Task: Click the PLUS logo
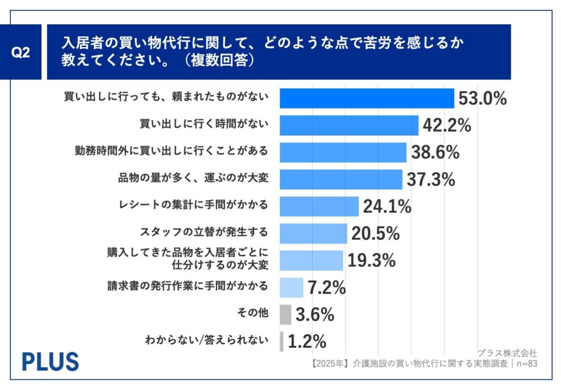tap(50, 362)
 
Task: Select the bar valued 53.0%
tap(367, 98)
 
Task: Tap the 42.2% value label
tap(446, 126)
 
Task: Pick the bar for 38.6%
tap(343, 152)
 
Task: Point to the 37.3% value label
tap(431, 179)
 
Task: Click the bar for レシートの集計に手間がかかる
tap(319, 206)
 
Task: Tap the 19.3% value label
tap(371, 261)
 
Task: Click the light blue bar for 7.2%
tap(291, 287)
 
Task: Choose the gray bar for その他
tap(285, 314)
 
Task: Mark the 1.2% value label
tap(307, 341)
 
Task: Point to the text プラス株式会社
tap(507, 353)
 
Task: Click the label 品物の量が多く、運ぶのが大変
tap(193, 178)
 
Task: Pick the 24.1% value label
tap(386, 207)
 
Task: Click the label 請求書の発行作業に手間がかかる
tap(188, 286)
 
